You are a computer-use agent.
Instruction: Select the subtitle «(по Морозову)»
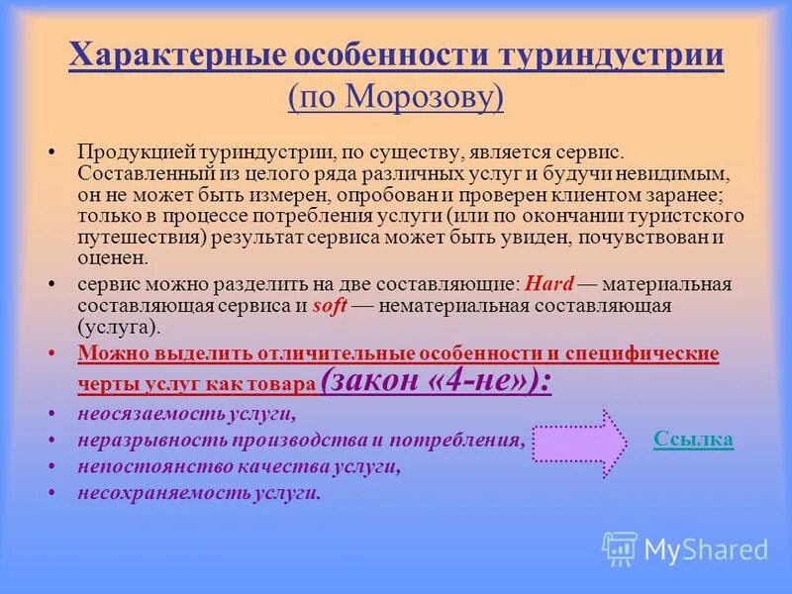pyautogui.click(x=396, y=96)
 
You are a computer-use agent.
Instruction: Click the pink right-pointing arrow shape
pyautogui.click(x=579, y=439)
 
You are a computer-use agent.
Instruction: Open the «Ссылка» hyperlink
pyautogui.click(x=693, y=439)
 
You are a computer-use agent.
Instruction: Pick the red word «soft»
pyautogui.click(x=330, y=306)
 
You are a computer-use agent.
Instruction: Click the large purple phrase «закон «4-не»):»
pyautogui.click(x=437, y=381)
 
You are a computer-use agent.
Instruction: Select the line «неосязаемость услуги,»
pyautogui.click(x=187, y=414)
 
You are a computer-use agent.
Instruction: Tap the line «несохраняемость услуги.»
pyautogui.click(x=199, y=491)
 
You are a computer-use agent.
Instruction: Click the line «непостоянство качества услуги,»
pyautogui.click(x=239, y=465)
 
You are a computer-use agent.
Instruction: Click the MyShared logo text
pyautogui.click(x=706, y=548)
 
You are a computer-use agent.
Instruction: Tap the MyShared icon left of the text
pyautogui.click(x=620, y=547)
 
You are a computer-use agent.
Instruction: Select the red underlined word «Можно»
pyautogui.click(x=107, y=353)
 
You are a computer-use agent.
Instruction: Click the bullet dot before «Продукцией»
pyautogui.click(x=51, y=154)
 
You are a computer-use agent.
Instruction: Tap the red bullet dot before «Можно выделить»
pyautogui.click(x=51, y=353)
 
